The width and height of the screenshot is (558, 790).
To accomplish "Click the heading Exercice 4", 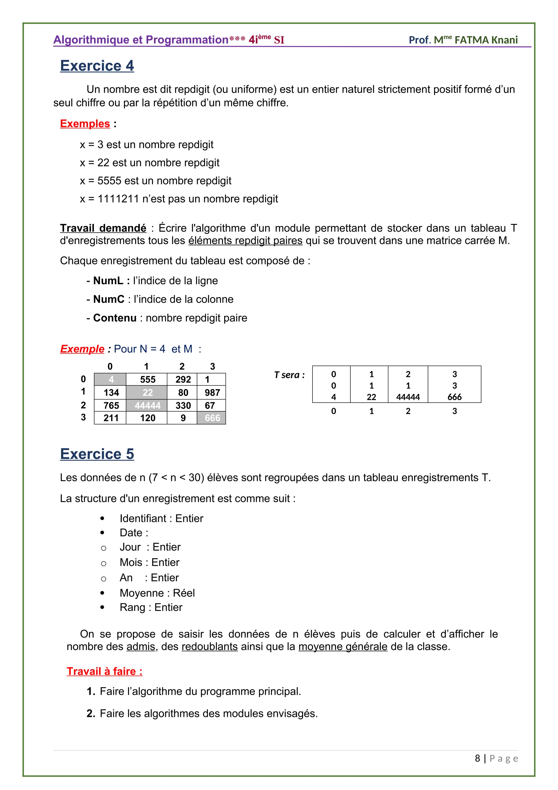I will click(97, 66).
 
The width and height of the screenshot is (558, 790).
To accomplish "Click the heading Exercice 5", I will click(97, 454).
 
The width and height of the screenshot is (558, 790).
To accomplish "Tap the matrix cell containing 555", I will click(147, 379).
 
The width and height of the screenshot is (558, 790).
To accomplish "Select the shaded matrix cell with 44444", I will click(147, 406).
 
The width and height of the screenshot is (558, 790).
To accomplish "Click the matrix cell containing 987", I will click(212, 393).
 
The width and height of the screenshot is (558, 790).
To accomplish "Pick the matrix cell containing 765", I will click(111, 406).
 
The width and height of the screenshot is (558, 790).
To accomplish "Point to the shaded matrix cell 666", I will click(212, 418).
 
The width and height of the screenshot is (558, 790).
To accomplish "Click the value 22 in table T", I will click(371, 397).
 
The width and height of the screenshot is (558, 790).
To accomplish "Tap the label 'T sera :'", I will click(289, 375).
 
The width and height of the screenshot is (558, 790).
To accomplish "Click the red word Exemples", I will click(85, 124).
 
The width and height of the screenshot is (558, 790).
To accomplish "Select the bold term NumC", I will click(109, 299).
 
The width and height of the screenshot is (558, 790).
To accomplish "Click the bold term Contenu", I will click(115, 318).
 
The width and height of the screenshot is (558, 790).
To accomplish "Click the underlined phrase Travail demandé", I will click(103, 228).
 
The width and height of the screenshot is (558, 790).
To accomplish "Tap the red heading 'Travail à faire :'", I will click(104, 671).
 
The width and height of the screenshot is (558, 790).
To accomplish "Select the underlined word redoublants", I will click(210, 647).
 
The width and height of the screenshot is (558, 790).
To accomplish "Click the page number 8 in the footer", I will click(477, 758).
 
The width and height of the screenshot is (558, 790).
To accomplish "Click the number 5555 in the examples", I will click(109, 181).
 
